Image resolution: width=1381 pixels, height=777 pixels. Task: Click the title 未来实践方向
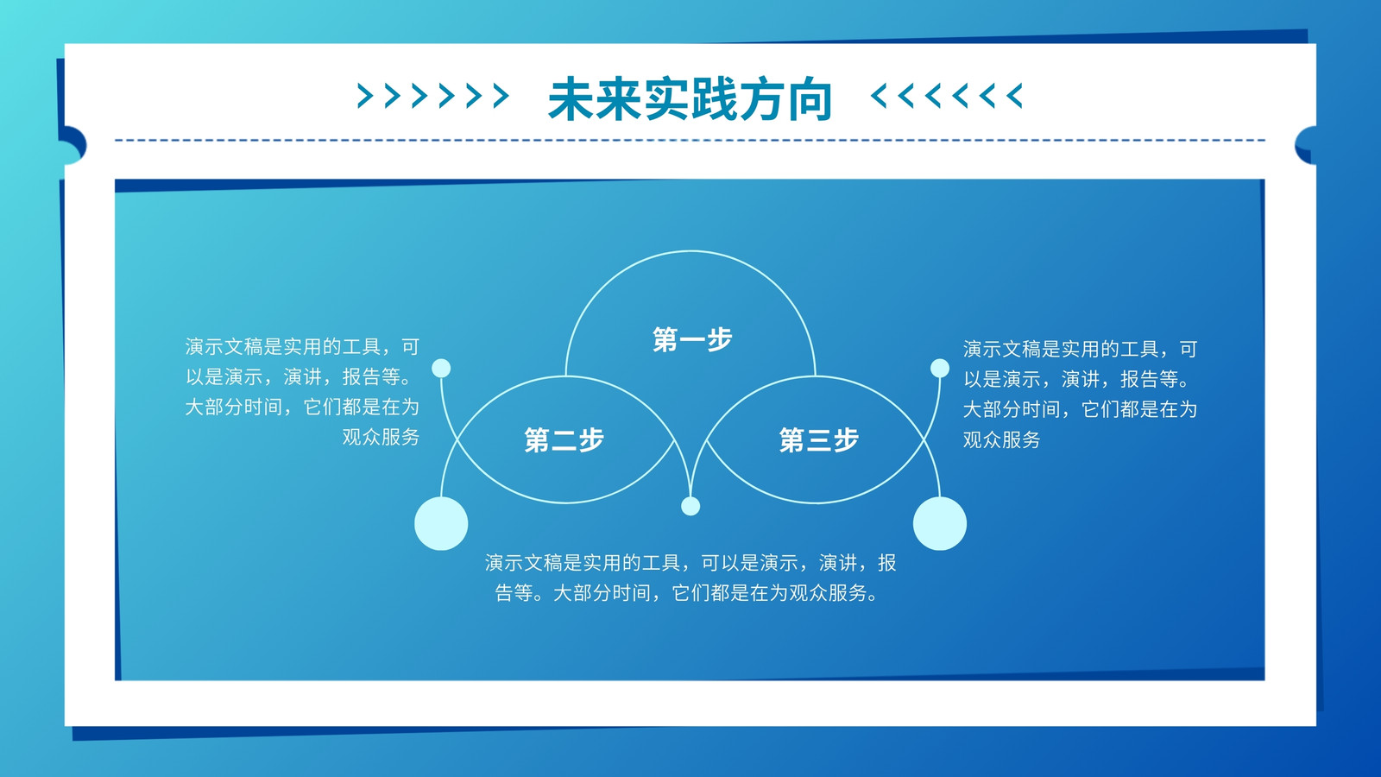click(690, 98)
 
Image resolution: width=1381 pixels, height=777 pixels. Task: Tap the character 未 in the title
click(571, 98)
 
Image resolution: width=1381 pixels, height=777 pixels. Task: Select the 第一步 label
click(692, 340)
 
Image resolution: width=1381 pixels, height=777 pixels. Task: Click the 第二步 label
click(564, 440)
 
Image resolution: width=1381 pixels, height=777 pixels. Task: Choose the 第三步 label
click(819, 440)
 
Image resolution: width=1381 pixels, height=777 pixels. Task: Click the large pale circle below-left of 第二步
click(441, 523)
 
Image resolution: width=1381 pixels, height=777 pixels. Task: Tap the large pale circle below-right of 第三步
click(940, 523)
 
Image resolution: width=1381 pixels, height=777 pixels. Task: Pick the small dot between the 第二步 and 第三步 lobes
click(690, 506)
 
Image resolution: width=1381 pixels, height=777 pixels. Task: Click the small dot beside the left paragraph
click(441, 368)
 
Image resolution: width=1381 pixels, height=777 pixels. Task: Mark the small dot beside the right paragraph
click(940, 368)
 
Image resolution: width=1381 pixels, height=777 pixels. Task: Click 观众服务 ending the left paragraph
click(381, 437)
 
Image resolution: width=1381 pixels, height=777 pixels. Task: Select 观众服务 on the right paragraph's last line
click(1002, 439)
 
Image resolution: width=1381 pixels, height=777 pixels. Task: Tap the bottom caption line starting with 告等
click(686, 593)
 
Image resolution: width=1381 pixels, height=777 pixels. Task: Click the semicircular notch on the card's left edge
click(75, 146)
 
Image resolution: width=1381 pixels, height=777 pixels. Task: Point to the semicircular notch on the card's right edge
click(1306, 146)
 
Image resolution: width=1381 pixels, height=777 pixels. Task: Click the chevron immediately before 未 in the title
click(501, 96)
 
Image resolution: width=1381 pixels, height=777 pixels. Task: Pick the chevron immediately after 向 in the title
click(879, 96)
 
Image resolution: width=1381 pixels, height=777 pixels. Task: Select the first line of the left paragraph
click(302, 347)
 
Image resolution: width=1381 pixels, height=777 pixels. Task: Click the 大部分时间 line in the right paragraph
click(1080, 409)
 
